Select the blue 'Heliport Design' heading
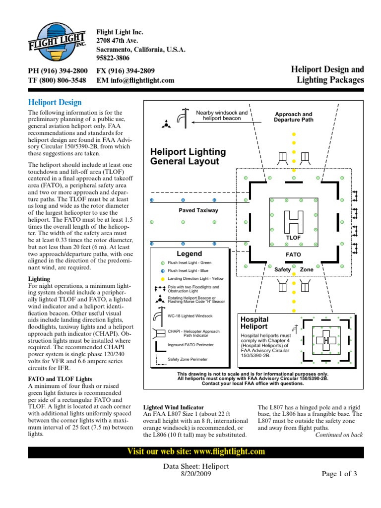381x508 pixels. point(55,103)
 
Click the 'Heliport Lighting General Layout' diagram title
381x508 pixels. point(188,156)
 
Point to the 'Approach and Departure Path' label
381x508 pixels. point(294,117)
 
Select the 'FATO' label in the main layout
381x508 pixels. point(293,254)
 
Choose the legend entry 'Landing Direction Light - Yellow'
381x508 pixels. point(196,279)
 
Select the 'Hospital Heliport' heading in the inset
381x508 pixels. point(254,323)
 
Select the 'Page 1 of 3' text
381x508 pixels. point(339,474)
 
